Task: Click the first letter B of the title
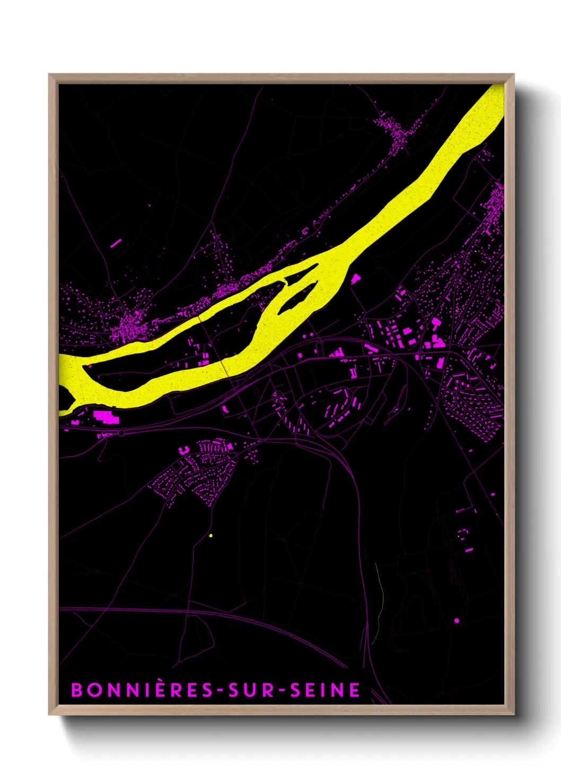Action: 77,690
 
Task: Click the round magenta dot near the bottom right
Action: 457,620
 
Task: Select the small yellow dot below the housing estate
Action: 211,536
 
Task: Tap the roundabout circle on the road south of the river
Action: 121,433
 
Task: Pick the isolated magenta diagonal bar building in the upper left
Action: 116,243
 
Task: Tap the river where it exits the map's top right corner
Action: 490,101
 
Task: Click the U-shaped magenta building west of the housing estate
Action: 185,450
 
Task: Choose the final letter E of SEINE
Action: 355,690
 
